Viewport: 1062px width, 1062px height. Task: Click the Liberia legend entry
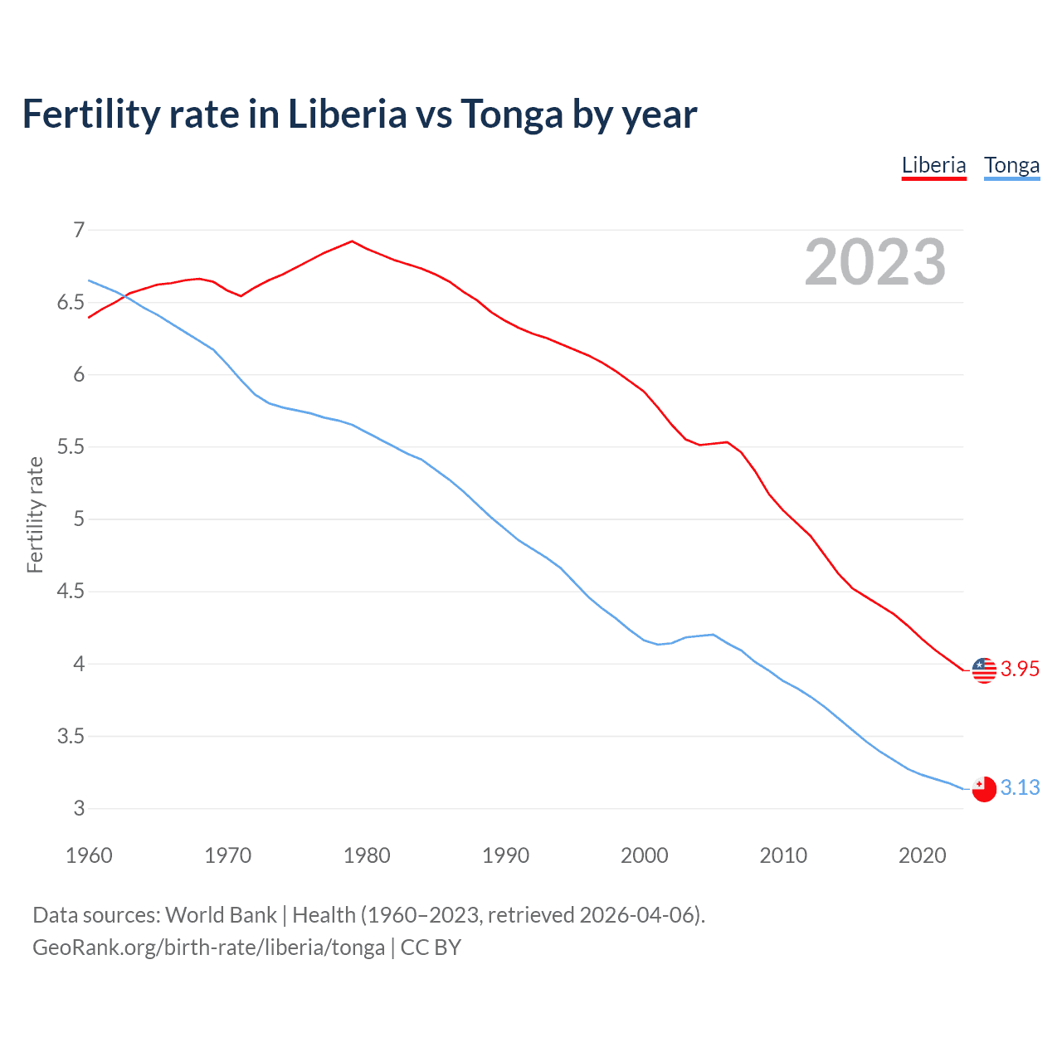(x=933, y=165)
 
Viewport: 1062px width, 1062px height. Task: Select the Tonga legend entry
(x=1011, y=165)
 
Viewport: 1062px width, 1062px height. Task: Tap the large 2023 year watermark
(x=875, y=262)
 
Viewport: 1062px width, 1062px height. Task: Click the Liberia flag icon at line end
(x=984, y=670)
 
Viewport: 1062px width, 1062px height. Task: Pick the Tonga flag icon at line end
(x=984, y=789)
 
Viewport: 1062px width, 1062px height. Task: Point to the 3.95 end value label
(x=1020, y=669)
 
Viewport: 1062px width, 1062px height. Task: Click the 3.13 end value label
(x=1020, y=787)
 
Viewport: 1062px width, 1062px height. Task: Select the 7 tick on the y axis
(x=79, y=230)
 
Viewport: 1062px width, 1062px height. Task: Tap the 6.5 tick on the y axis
(x=71, y=302)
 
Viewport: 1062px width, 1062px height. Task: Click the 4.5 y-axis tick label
(x=71, y=592)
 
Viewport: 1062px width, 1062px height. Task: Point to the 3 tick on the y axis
(x=79, y=808)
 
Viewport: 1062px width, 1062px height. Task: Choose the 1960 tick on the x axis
(x=89, y=855)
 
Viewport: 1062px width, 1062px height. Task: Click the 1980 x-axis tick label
(x=367, y=855)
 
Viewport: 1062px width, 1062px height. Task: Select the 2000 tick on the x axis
(x=645, y=855)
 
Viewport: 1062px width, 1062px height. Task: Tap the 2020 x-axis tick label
(x=922, y=855)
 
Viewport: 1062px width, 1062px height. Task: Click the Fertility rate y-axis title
(x=35, y=514)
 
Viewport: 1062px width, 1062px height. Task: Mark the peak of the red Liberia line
(x=353, y=241)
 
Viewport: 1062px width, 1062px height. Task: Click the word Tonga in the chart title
(x=512, y=114)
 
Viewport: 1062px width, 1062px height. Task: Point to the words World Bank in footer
(x=221, y=915)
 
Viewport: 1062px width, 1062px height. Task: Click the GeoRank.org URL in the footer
(x=208, y=948)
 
